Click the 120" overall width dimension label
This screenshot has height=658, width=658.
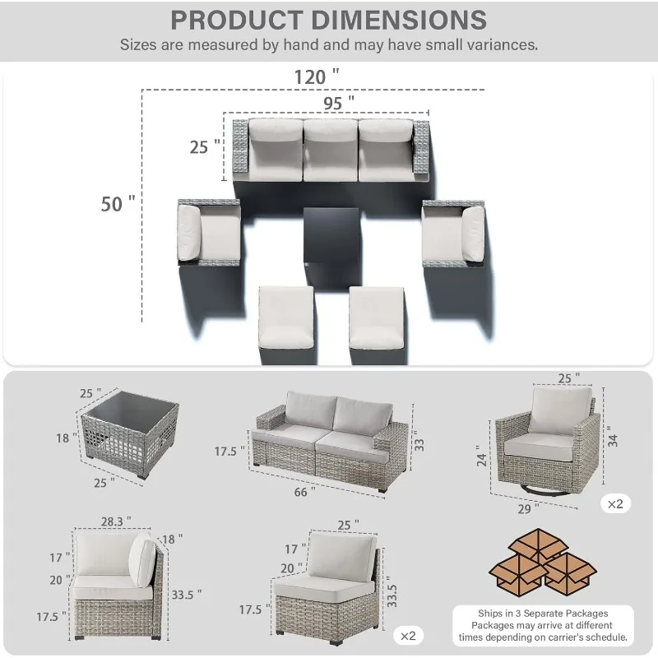tap(317, 76)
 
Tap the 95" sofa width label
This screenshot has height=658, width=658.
tap(339, 103)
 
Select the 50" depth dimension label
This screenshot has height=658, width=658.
tap(118, 204)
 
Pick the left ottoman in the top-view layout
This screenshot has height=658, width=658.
tap(286, 318)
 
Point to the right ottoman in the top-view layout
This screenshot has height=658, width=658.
tap(377, 318)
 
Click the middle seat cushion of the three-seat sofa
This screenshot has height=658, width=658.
tap(331, 151)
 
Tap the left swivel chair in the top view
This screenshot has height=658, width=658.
tap(209, 233)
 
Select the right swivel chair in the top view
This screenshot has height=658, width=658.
tap(454, 234)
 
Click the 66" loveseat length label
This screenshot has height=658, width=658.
tap(304, 491)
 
